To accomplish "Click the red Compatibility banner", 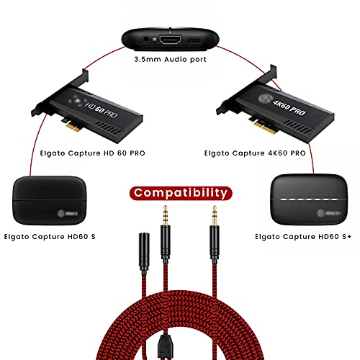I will pyautogui.click(x=179, y=192).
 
